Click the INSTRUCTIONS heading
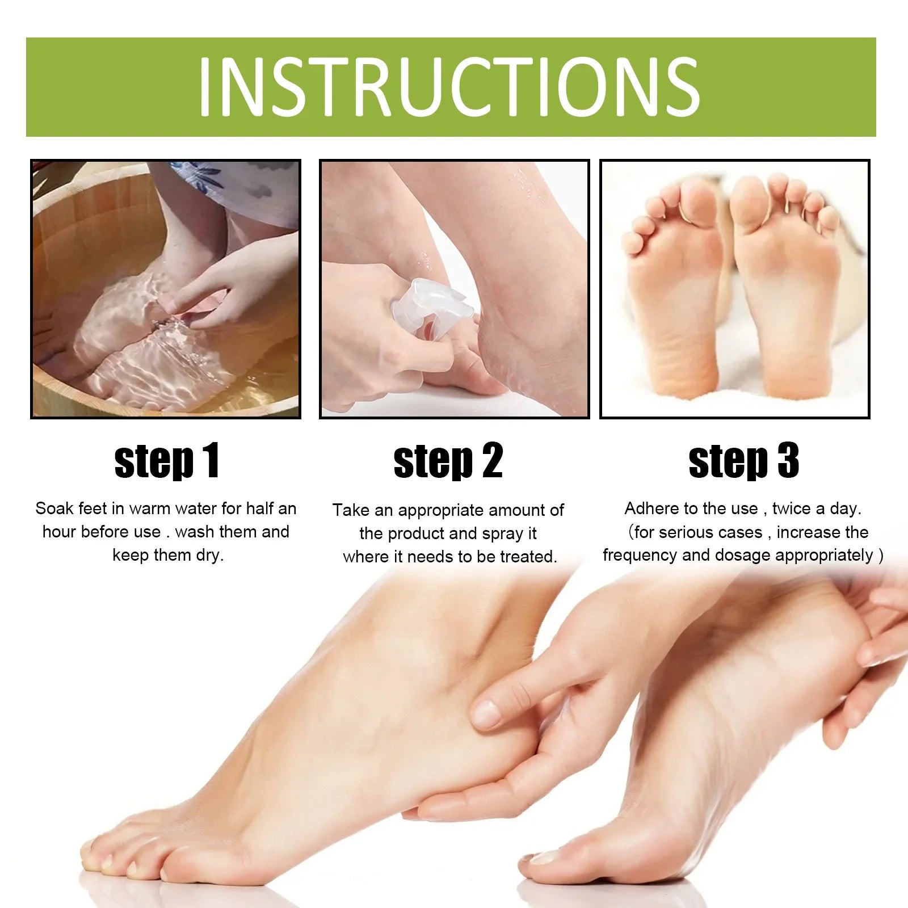(x=449, y=87)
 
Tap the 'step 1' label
(x=167, y=461)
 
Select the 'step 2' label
(x=448, y=461)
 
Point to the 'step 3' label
(x=744, y=461)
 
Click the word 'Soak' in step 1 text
(x=54, y=508)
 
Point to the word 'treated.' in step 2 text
(x=528, y=557)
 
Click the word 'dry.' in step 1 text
(x=210, y=556)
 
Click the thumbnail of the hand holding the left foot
(x=486, y=714)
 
